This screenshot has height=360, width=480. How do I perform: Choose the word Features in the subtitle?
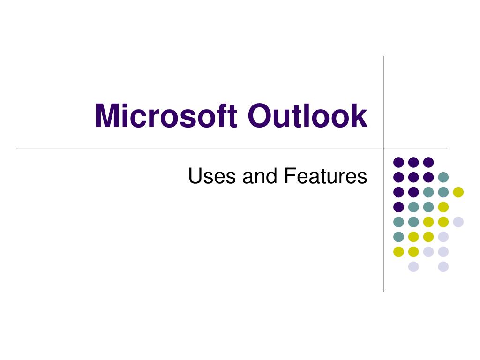click(325, 176)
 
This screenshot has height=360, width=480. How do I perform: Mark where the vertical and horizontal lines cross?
click(384, 148)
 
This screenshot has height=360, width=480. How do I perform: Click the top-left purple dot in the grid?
click(398, 162)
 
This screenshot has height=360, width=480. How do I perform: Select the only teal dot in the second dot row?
click(443, 177)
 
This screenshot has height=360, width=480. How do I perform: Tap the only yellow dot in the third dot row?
click(458, 192)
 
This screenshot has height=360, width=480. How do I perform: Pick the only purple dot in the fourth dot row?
click(398, 207)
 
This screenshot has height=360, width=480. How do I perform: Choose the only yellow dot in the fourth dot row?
click(443, 207)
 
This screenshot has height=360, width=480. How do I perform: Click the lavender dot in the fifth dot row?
click(458, 222)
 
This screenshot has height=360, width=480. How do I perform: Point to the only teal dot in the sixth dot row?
click(398, 237)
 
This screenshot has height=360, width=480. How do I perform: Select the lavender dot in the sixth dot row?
click(443, 237)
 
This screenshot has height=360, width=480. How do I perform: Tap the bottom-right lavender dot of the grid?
click(443, 267)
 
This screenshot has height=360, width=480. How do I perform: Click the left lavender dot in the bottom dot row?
click(413, 267)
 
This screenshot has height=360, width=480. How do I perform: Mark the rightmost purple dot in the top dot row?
click(428, 162)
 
